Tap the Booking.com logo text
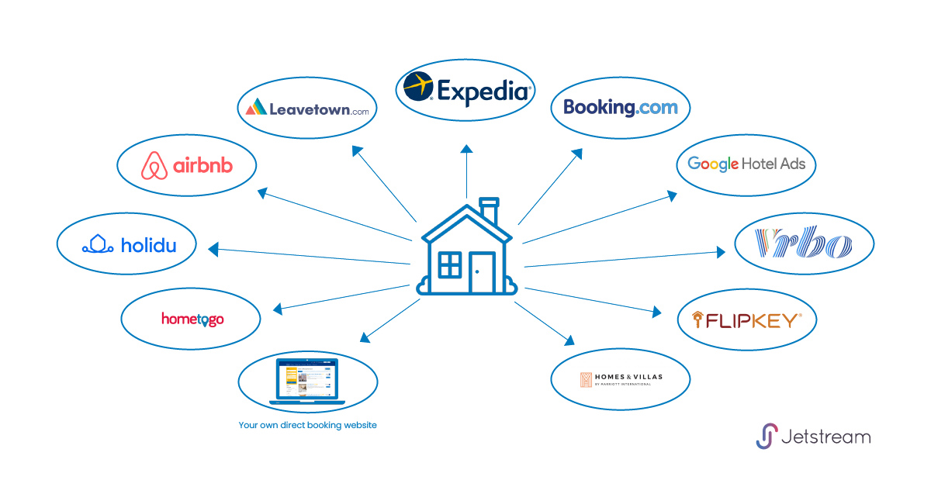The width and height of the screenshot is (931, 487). [x=620, y=107]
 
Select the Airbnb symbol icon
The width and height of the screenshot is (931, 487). [x=155, y=166]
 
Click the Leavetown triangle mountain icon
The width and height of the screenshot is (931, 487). [x=256, y=107]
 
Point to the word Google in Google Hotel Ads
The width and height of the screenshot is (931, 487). [x=713, y=164]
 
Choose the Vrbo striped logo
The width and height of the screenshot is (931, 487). [x=804, y=244]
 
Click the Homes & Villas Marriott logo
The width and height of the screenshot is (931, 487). [x=620, y=379]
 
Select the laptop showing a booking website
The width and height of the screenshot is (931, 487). [x=307, y=380]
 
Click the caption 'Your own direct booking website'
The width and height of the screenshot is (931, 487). [x=307, y=425]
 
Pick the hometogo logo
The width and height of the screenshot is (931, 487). [x=192, y=319]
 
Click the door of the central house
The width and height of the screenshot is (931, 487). [x=482, y=271]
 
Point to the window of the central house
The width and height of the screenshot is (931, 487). [x=449, y=264]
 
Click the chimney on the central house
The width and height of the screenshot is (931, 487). [x=489, y=209]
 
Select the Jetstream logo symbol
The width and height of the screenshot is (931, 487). [x=767, y=436]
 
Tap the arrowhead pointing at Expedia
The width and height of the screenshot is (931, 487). [x=466, y=148]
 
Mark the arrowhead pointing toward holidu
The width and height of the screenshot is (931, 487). [x=213, y=250]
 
